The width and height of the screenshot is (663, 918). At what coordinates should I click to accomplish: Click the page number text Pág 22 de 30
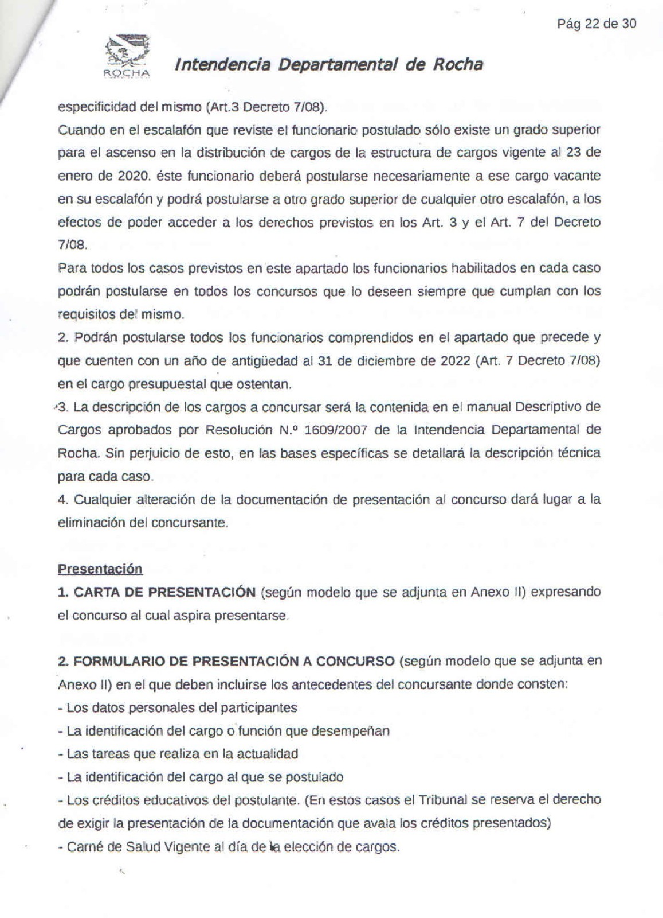597,24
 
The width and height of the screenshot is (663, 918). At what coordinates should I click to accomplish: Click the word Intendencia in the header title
223,65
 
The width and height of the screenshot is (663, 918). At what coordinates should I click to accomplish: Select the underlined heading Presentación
100,569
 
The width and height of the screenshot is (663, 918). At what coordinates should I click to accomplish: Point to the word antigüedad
264,361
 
